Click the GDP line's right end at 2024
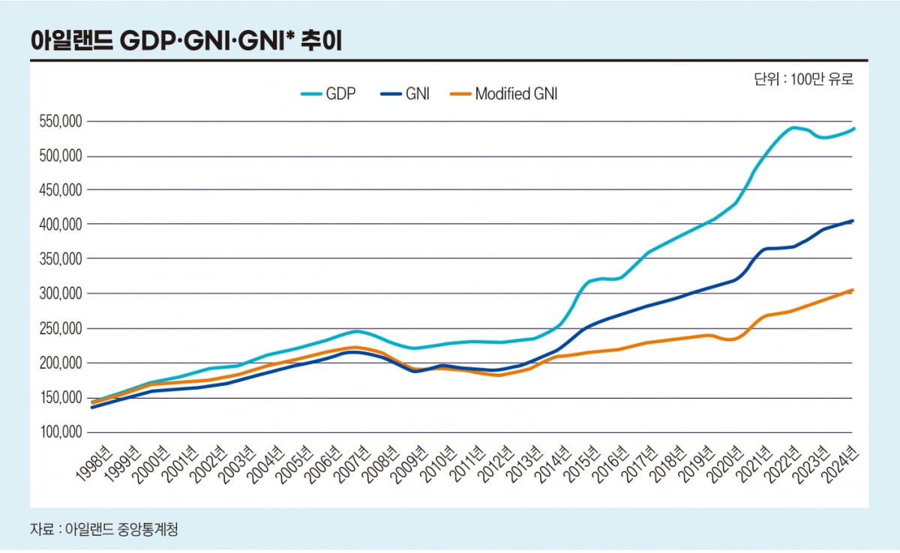[853, 129]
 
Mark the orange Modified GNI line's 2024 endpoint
[853, 290]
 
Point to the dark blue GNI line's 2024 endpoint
[853, 221]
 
